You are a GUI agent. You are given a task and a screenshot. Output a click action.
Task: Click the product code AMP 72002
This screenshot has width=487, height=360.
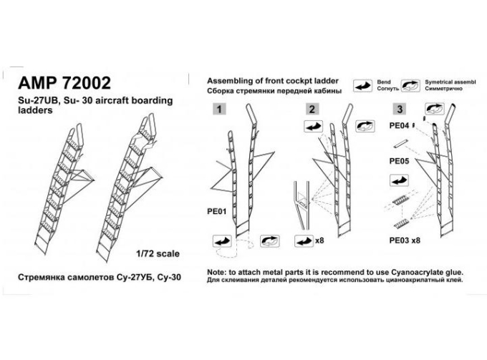click(64, 83)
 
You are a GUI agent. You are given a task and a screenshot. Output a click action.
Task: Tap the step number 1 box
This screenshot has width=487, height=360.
click(219, 109)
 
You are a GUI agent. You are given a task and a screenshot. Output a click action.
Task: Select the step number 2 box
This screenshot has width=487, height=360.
click(312, 109)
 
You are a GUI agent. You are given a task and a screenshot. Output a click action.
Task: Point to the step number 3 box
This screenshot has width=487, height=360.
click(400, 109)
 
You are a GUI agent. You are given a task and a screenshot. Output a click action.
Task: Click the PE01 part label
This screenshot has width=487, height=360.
click(217, 212)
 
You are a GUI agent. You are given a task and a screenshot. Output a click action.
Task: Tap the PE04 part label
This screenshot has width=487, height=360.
click(399, 126)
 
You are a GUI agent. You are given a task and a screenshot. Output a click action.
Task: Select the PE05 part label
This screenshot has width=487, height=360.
click(399, 161)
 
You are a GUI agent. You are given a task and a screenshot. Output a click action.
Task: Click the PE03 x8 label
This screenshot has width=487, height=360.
click(405, 240)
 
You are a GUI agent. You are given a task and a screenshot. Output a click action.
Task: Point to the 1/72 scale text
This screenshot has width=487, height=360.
click(158, 253)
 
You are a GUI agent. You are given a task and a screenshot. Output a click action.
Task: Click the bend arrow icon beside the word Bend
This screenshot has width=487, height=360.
click(363, 86)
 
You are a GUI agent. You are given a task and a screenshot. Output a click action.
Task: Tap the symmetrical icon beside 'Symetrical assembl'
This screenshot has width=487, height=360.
click(410, 86)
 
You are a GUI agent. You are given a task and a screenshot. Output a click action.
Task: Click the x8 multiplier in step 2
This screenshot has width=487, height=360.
click(319, 240)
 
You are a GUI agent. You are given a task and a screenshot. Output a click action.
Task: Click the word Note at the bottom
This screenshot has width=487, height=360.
click(217, 273)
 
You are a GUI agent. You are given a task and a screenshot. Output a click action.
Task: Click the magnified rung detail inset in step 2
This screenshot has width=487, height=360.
click(302, 205)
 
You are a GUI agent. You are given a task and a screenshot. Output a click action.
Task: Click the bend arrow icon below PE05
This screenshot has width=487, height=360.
click(399, 180)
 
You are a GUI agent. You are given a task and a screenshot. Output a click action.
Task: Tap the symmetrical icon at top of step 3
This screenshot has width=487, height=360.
click(435, 109)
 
